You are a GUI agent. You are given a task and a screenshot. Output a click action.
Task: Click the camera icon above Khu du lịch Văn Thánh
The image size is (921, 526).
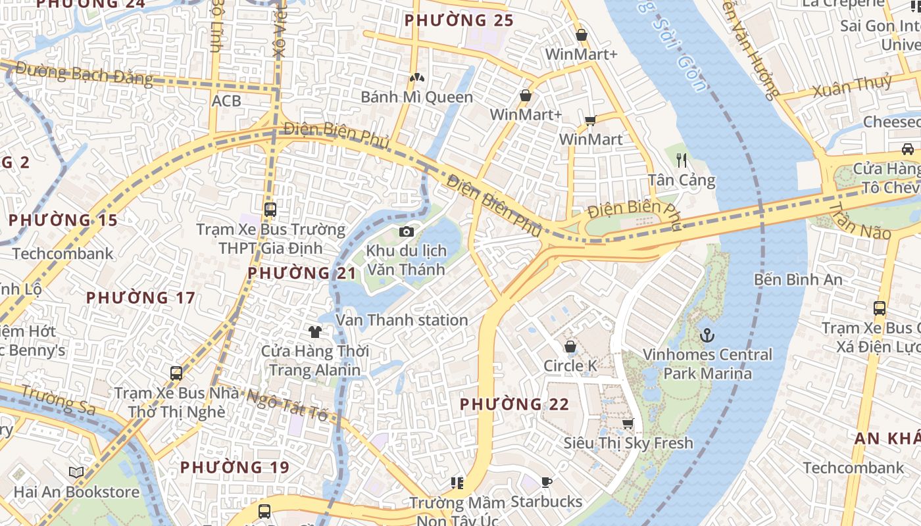click(x=407, y=231)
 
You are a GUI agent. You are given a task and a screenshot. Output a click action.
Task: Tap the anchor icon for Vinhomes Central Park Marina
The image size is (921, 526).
click(x=707, y=335)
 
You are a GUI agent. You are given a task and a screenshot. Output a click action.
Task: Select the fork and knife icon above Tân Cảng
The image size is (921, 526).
click(x=682, y=160)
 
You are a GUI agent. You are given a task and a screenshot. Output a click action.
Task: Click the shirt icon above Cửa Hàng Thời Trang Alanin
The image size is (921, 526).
click(x=315, y=331)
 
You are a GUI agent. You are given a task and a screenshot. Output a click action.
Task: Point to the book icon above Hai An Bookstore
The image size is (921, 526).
click(x=76, y=472)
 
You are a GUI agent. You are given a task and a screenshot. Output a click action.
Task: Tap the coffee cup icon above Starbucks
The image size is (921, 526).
click(x=546, y=483)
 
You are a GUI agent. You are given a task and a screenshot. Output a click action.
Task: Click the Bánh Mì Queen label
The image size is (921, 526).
click(x=416, y=97)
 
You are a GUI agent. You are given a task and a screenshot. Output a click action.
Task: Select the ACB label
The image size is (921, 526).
click(x=226, y=101)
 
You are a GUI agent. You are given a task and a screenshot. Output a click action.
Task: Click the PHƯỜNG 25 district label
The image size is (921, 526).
click(x=459, y=20)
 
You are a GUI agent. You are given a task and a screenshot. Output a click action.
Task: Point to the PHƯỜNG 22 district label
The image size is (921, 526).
click(x=514, y=404)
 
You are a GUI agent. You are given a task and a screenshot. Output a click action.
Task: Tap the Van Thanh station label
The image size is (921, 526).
click(x=402, y=320)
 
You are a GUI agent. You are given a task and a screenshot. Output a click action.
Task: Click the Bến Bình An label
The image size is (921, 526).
click(x=798, y=279)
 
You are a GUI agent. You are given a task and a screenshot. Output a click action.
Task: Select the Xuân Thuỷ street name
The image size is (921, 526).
click(x=853, y=87)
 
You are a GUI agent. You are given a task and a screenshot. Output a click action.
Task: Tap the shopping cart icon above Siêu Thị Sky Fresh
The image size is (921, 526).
click(x=628, y=424)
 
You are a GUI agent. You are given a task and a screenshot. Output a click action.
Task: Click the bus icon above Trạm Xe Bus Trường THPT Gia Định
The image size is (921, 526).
click(x=270, y=210)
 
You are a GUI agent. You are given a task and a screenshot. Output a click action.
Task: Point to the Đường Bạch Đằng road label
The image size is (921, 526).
click(x=84, y=74)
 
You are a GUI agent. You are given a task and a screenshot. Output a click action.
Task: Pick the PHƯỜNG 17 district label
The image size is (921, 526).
click(x=141, y=298)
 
